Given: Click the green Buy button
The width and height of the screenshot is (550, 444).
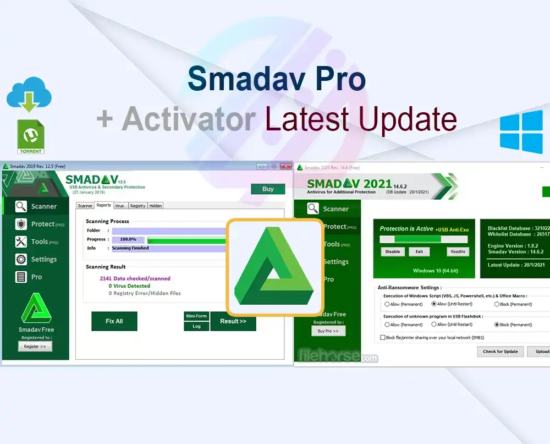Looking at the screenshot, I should (x=268, y=189).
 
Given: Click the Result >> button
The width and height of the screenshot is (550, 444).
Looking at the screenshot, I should (x=233, y=321).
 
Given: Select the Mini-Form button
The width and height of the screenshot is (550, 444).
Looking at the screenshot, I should (x=196, y=316).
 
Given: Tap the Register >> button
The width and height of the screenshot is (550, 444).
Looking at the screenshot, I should (x=35, y=347).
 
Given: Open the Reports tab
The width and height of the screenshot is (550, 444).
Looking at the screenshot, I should (x=103, y=205).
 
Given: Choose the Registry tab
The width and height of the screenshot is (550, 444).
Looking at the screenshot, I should (x=137, y=206).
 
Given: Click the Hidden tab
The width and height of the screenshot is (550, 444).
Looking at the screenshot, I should (x=156, y=206).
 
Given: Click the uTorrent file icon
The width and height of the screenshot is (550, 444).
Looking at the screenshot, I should (x=31, y=136).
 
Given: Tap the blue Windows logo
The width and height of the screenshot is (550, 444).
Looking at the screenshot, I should (x=521, y=132).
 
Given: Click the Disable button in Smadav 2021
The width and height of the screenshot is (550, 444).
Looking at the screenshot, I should (x=393, y=251).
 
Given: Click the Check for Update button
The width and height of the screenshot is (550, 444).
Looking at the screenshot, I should (x=500, y=352).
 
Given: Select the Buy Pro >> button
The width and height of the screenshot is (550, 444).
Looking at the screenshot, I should (x=328, y=331).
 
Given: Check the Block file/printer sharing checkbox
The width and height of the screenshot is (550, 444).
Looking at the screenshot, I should (x=383, y=337).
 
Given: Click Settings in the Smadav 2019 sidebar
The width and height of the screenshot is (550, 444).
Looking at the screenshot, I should (x=43, y=259).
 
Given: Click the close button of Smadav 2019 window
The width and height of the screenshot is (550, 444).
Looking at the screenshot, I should (x=286, y=166).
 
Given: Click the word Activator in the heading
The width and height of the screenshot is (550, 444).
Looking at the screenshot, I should (x=189, y=118).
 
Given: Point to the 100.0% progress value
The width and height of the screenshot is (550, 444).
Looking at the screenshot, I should (x=128, y=240).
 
